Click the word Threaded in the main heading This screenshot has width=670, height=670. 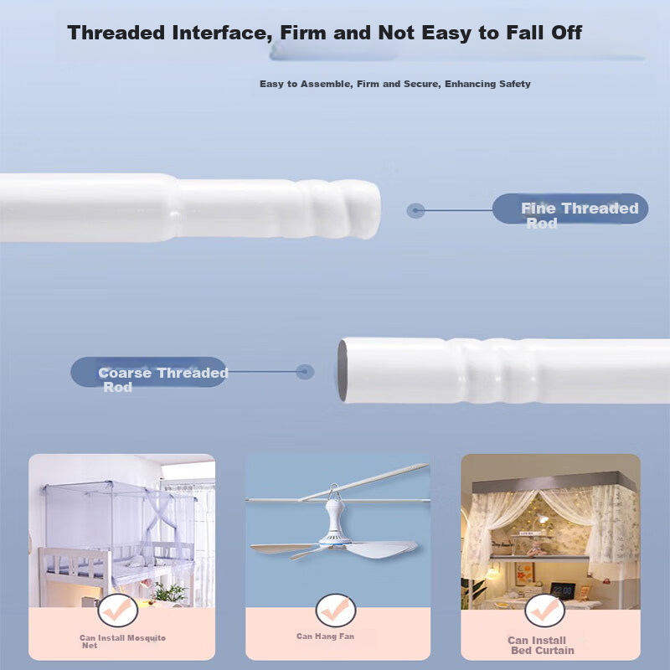pos(116,33)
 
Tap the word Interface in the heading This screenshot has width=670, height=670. pos(222,33)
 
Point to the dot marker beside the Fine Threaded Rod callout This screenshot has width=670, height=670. pos(415,210)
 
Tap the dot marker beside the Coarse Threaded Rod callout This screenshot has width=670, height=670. pos(305,372)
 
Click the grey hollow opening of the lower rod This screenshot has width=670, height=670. pos(343,370)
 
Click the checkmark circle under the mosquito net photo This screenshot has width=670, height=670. pos(117,611)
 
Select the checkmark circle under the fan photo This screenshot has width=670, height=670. pos(336,611)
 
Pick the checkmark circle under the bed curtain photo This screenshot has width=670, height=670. pos(545,611)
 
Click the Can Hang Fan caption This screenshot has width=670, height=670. pos(325,636)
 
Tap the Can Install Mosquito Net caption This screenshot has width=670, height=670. pos(122,642)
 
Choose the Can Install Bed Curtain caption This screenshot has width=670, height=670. pos(540,645)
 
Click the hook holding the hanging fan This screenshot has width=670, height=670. pos(333,492)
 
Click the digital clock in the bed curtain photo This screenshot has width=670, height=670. pos(562,590)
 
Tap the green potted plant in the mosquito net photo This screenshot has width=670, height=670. pos(170,593)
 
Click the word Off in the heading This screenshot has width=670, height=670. pos(567,33)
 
